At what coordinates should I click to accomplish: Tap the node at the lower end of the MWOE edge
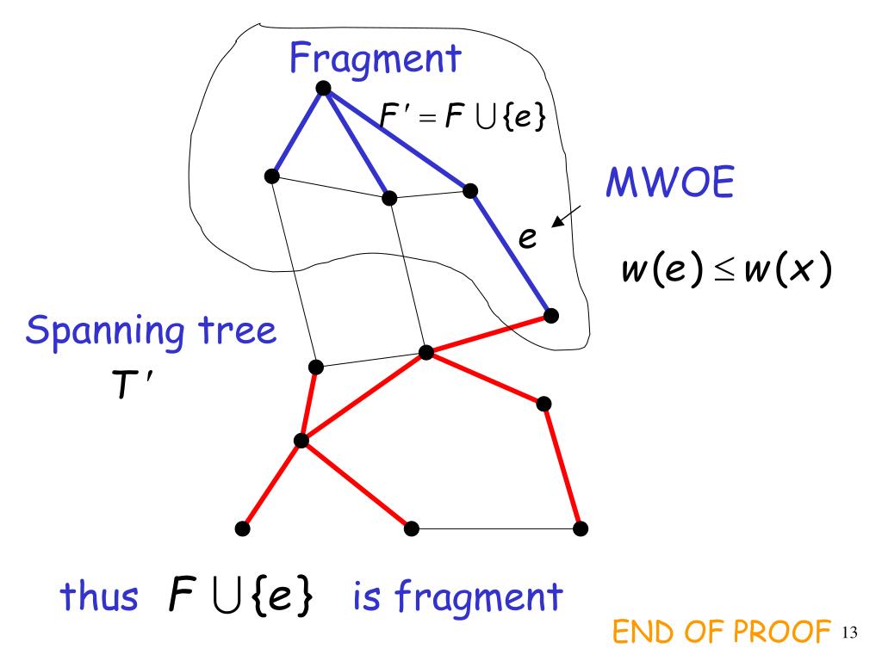coord(551,316)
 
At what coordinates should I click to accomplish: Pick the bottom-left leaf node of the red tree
coord(243,528)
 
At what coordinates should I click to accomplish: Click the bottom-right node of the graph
coord(581,528)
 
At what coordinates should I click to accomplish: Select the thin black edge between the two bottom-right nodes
coord(495,528)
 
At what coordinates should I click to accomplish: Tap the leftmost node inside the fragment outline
coord(271,176)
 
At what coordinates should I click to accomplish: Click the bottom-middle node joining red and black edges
coord(412,528)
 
